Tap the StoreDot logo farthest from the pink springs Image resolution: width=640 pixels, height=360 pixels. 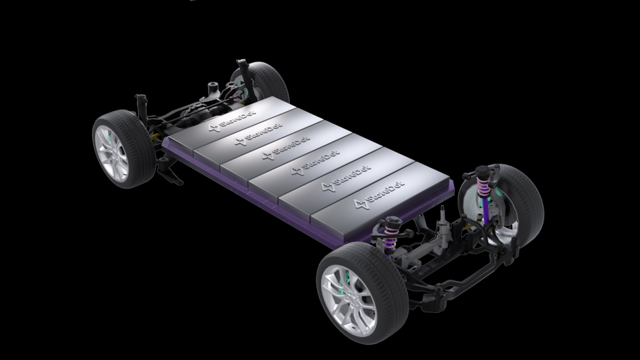click(232, 121)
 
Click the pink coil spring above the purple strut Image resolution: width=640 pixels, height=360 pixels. click(484, 186)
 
